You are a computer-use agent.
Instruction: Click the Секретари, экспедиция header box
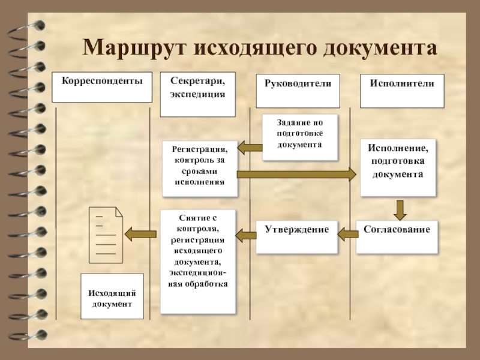pyautogui.click(x=198, y=95)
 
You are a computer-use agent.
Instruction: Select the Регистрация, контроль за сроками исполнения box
pyautogui.click(x=200, y=169)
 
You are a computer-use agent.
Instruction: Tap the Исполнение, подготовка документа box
pyautogui.click(x=398, y=167)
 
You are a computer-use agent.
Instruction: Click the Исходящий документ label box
pyautogui.click(x=112, y=296)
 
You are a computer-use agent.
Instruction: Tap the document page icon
pyautogui.click(x=106, y=235)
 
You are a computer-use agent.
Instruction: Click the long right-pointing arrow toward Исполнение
pyautogui.click(x=297, y=175)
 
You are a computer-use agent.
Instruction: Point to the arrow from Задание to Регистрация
pyautogui.click(x=250, y=148)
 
